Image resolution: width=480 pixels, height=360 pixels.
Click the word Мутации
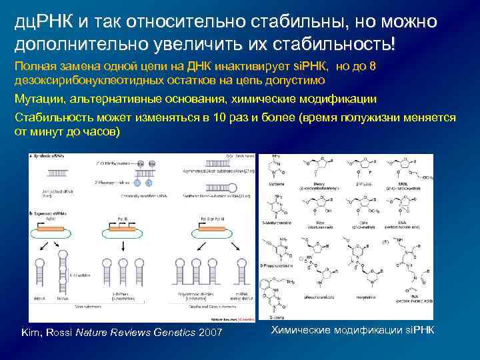(x=39, y=99)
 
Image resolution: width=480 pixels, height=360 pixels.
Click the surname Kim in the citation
(x=31, y=331)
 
